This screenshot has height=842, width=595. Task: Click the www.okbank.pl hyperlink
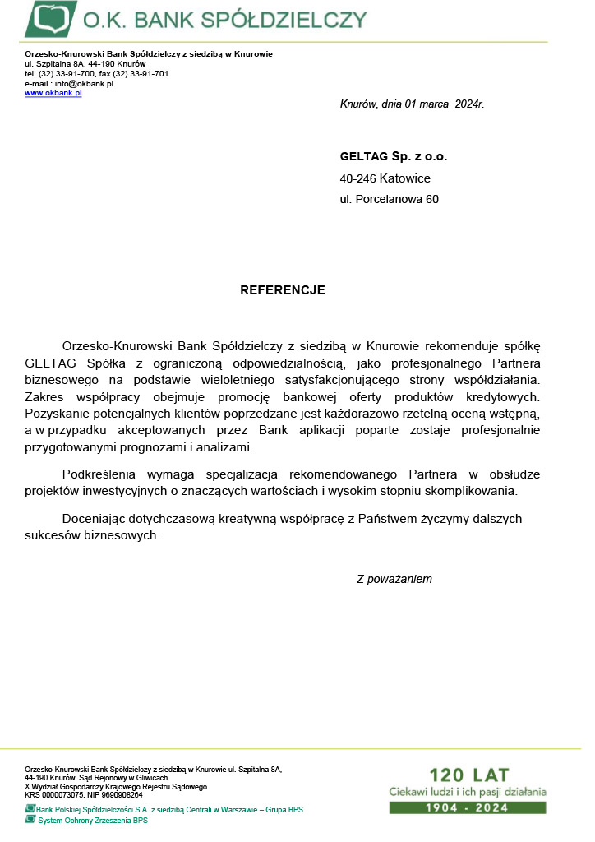tap(53, 93)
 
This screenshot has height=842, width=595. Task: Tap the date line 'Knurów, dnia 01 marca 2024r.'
tap(412, 104)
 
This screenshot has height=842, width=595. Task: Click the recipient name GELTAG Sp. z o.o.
tap(394, 156)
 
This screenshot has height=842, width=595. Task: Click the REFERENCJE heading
tap(283, 290)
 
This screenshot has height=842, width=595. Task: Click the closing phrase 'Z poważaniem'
tap(394, 579)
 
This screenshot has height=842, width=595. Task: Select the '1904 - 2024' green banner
tap(467, 807)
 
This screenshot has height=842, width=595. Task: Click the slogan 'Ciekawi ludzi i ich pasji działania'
tap(467, 792)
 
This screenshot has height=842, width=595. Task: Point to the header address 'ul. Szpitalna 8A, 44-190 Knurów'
tap(85, 63)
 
